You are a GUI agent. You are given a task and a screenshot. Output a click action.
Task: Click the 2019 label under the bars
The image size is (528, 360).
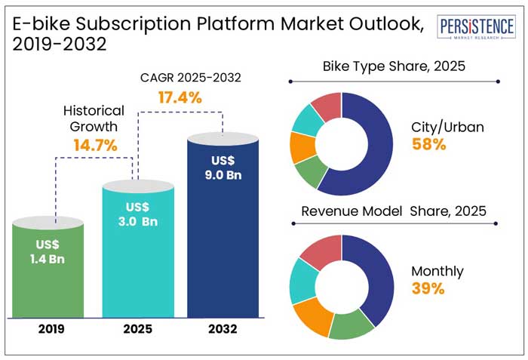click(49, 329)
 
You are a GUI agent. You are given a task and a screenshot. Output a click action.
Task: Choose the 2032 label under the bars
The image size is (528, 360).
click(223, 329)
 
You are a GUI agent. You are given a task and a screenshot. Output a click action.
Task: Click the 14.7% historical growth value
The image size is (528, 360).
click(95, 145)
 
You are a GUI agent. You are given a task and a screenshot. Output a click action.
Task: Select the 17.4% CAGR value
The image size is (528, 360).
click(180, 97)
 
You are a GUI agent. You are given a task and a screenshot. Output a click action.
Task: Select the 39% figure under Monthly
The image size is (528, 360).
click(428, 288)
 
